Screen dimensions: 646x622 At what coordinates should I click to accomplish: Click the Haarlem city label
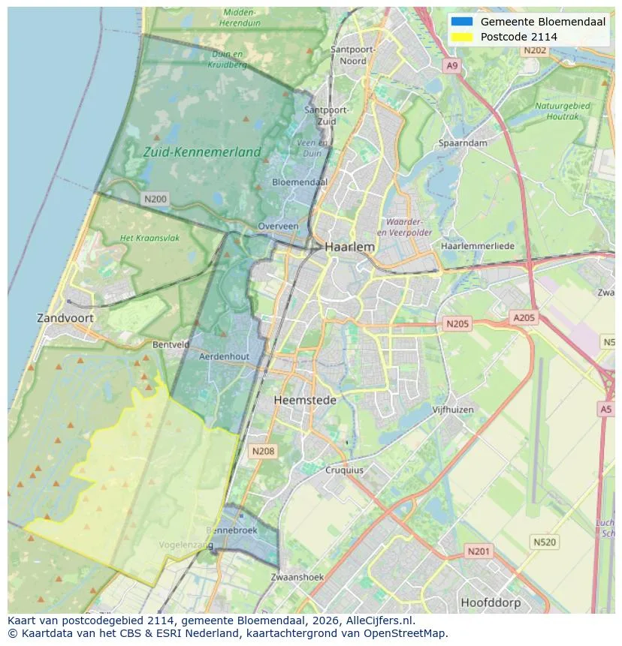349,246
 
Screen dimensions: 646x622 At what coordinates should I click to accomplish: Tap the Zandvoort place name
65,318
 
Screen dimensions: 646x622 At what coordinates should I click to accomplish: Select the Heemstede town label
305,400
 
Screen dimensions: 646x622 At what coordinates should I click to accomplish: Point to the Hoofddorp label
491,602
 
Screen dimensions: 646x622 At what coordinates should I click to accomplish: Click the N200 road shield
155,199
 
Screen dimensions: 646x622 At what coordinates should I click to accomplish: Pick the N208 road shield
263,451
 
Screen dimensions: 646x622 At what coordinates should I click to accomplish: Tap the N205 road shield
457,323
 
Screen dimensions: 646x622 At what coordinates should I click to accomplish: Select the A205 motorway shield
524,318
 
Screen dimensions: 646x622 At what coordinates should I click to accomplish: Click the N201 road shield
479,551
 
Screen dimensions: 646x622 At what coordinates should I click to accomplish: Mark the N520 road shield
545,542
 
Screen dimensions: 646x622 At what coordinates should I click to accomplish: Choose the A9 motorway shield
451,66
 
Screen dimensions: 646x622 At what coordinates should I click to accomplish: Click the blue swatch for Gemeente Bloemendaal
462,22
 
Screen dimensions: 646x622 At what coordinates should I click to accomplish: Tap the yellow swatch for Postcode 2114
462,37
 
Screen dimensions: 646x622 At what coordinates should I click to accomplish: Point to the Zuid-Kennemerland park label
202,152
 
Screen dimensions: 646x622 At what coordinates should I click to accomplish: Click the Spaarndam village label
463,143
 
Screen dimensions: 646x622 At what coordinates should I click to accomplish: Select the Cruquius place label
344,470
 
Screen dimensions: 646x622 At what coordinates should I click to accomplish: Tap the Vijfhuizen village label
454,410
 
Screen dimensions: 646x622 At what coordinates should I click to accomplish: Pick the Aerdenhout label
224,357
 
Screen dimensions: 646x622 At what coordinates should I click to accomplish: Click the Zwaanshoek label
297,577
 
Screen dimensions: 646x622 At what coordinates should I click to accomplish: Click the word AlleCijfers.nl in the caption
374,621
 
